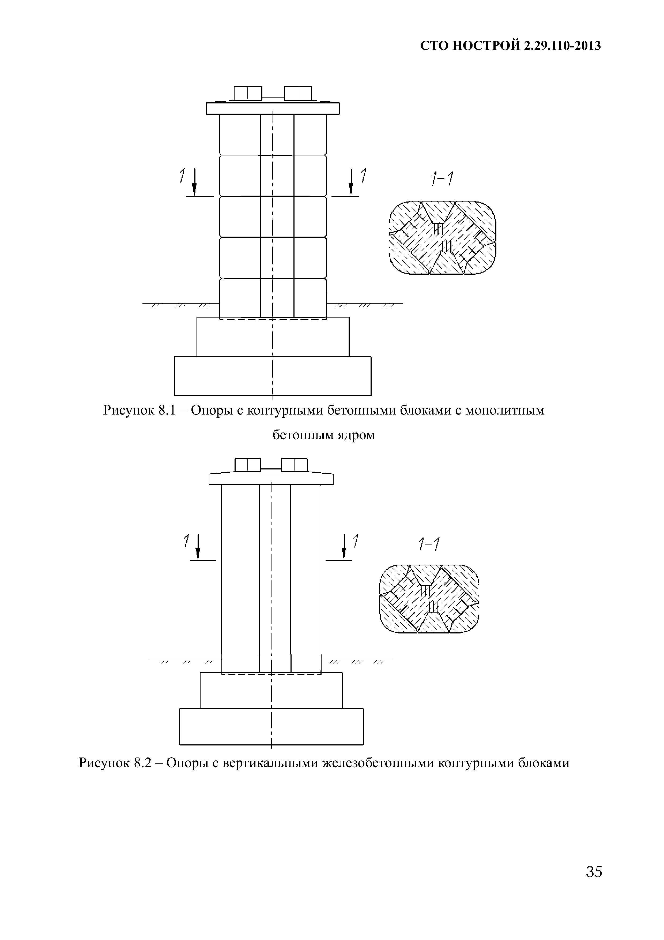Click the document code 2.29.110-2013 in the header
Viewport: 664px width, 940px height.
coord(562,46)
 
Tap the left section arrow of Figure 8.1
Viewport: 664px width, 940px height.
coord(194,182)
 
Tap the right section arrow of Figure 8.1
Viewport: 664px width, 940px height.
coord(351,182)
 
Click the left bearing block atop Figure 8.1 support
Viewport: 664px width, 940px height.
coord(248,93)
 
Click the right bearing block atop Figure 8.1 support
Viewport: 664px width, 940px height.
coord(297,93)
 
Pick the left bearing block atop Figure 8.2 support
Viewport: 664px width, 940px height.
coord(248,465)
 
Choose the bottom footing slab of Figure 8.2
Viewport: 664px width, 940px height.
coord(271,726)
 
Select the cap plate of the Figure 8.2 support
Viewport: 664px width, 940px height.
coord(271,479)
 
